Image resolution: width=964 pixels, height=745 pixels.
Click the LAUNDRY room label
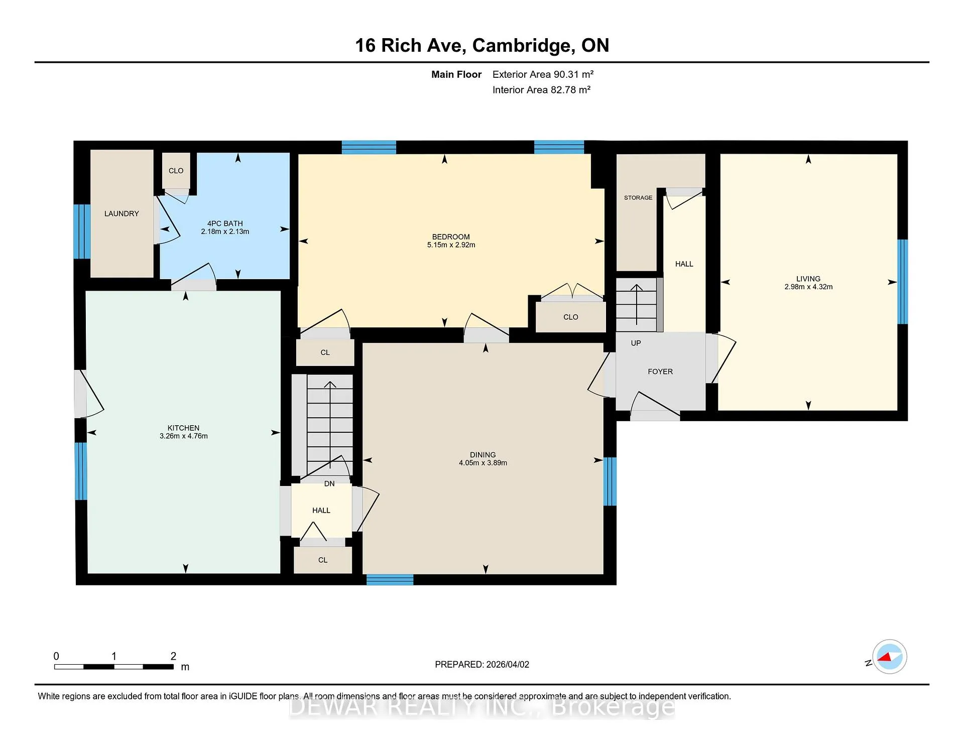tap(122, 213)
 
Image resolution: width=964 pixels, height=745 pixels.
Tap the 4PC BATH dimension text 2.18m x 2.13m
tap(225, 231)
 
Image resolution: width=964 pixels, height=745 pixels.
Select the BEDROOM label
tap(451, 237)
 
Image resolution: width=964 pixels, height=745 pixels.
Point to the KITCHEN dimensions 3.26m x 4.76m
tap(184, 436)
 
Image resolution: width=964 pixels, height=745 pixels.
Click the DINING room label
tap(483, 455)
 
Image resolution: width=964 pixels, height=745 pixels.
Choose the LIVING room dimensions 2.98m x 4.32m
tap(808, 287)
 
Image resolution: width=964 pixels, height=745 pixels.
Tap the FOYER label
tap(660, 371)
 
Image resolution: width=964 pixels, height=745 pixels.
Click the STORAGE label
tap(638, 198)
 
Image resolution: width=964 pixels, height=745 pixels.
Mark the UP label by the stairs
tap(636, 343)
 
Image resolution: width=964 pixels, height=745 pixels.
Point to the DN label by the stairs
tap(329, 484)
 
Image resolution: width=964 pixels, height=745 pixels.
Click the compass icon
tap(889, 657)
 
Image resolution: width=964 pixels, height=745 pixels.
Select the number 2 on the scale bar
tap(173, 656)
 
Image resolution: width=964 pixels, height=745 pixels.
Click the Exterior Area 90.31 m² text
tap(543, 74)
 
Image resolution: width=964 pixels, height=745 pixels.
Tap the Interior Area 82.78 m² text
tap(541, 90)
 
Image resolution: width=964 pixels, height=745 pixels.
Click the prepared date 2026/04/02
tap(507, 664)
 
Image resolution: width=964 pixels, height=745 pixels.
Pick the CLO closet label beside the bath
tap(176, 171)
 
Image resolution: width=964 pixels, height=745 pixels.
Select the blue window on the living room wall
tap(902, 282)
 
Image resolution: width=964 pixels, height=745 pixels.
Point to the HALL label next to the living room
tap(684, 264)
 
